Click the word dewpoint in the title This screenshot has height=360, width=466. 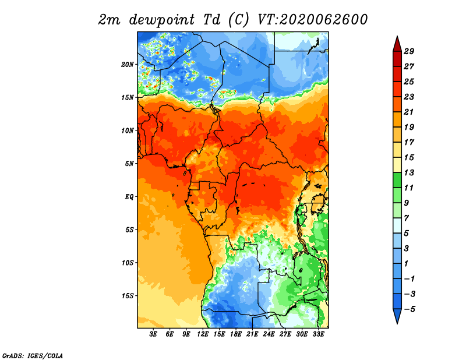click(x=162, y=20)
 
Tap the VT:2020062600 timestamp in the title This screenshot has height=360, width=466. click(x=313, y=20)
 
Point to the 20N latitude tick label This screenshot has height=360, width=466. click(x=128, y=64)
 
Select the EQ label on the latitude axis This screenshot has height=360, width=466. click(x=129, y=196)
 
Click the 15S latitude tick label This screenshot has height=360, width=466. click(x=128, y=295)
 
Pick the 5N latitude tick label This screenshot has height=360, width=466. click(x=129, y=164)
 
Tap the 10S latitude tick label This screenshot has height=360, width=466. click(x=128, y=263)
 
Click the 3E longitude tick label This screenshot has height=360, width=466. click(x=153, y=334)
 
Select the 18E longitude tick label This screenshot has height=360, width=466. click(x=236, y=334)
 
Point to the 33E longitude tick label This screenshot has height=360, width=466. click(x=318, y=334)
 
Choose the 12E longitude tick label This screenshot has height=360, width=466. click(x=203, y=334)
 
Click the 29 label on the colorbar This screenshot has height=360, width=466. click(x=409, y=51)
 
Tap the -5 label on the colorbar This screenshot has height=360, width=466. click(x=409, y=309)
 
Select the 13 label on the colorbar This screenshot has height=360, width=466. click(x=409, y=172)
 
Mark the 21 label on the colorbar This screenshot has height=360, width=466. click(x=409, y=112)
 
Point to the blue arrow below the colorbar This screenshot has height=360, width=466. click(x=397, y=316)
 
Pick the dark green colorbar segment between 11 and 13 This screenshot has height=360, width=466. click(x=397, y=180)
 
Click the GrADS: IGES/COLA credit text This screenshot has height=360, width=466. click(x=33, y=355)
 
